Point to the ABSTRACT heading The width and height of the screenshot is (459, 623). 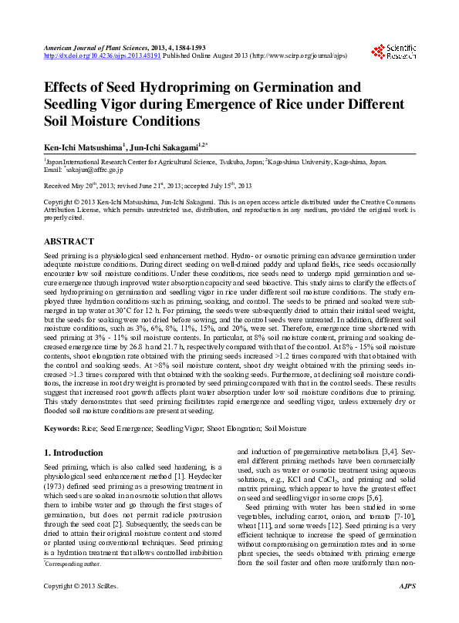point(69,241)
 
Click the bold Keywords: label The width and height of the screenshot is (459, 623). point(62,426)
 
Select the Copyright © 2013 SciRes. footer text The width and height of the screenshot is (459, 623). point(80,608)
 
